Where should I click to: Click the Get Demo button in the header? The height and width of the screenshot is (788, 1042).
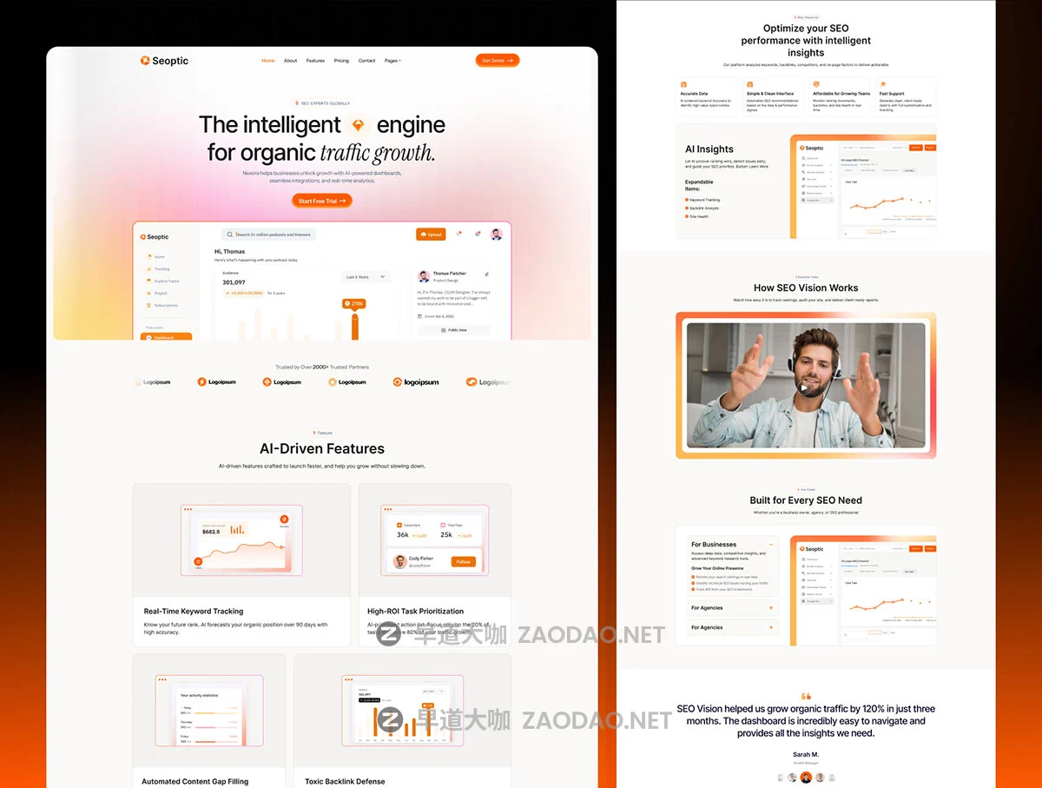(498, 61)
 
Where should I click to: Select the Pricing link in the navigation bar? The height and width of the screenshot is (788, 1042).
(341, 61)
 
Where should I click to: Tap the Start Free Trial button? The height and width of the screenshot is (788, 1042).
(322, 201)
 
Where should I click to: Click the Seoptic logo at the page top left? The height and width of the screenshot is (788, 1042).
(164, 61)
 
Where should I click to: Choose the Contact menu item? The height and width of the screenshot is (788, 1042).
(366, 61)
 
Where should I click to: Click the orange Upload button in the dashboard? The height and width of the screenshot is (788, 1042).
(431, 235)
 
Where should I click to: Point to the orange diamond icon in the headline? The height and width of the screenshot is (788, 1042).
(359, 125)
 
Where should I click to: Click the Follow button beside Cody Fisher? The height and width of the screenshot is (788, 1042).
(463, 561)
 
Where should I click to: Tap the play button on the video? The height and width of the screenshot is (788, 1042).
(807, 387)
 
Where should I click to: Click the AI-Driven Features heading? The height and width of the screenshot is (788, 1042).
(322, 449)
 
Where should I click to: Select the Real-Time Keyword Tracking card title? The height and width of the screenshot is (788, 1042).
(194, 612)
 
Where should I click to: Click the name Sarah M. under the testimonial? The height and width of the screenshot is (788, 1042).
(806, 754)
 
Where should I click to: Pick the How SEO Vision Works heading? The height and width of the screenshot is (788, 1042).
(806, 288)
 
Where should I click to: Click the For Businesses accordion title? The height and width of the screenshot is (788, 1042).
(714, 545)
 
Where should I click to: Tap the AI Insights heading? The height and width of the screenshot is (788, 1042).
(709, 149)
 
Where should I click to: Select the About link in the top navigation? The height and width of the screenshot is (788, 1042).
(290, 61)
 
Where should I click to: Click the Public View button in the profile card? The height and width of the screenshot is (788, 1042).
(454, 330)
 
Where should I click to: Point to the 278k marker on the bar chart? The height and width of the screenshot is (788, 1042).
(355, 304)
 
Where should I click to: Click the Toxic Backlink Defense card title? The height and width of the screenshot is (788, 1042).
(345, 781)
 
